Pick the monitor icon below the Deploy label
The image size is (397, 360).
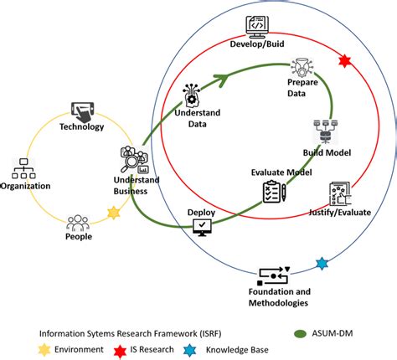click(x=202, y=228)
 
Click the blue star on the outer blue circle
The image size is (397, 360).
click(x=322, y=264)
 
